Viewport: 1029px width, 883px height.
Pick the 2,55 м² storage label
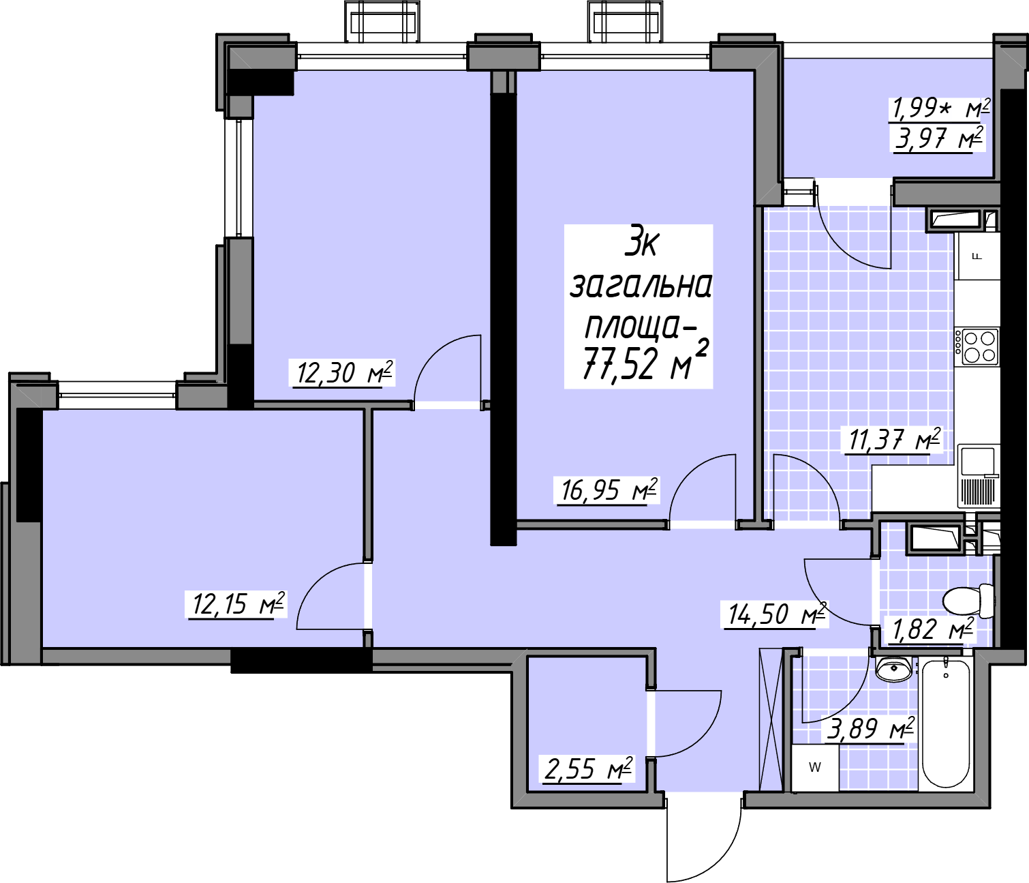point(588,769)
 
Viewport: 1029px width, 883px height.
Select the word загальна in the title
point(640,286)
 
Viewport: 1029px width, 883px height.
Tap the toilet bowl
point(969,601)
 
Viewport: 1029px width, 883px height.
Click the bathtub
point(946,723)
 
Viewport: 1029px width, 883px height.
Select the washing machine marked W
point(815,768)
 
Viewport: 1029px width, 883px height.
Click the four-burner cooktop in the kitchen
point(977,346)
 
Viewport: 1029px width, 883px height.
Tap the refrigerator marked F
point(977,257)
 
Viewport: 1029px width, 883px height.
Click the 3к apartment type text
point(643,245)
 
